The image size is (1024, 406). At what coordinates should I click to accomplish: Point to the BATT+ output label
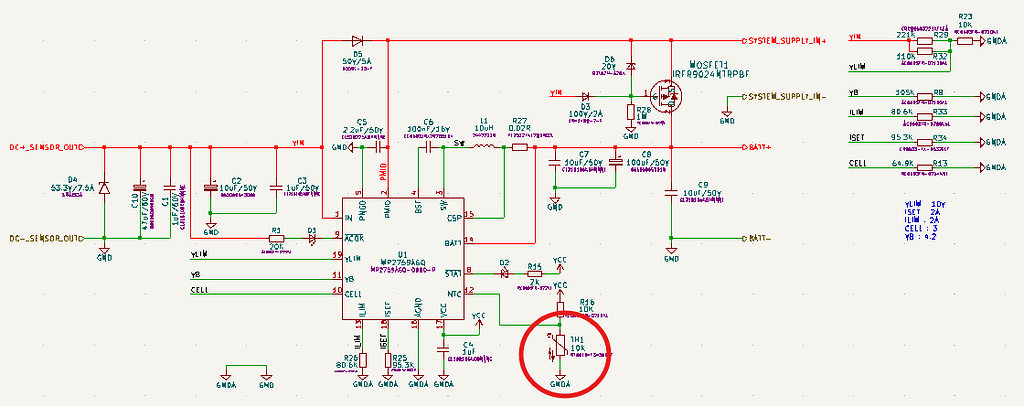[x=764, y=147]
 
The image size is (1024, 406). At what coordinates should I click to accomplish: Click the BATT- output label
[x=764, y=238]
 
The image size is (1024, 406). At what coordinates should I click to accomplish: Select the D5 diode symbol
[x=357, y=41]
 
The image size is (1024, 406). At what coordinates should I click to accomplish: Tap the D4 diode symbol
[x=104, y=187]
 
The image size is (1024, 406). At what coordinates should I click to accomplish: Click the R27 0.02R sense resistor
[x=519, y=148]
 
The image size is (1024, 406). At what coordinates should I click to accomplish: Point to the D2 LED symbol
[x=505, y=272]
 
